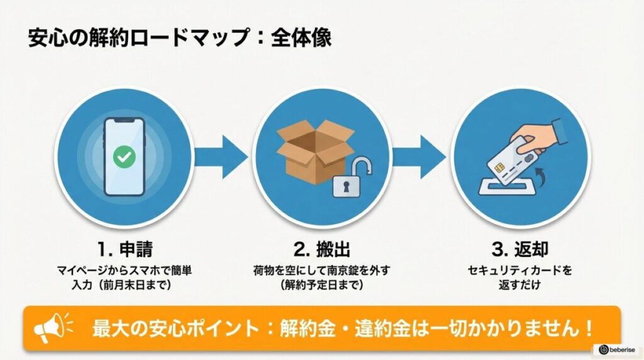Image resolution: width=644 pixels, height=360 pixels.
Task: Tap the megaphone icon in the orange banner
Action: (50, 327)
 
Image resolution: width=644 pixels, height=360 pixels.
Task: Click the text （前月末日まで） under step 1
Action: (140, 284)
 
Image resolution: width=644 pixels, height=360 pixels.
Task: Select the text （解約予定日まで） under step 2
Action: (319, 284)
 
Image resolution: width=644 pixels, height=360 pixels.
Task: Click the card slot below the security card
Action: (509, 188)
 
